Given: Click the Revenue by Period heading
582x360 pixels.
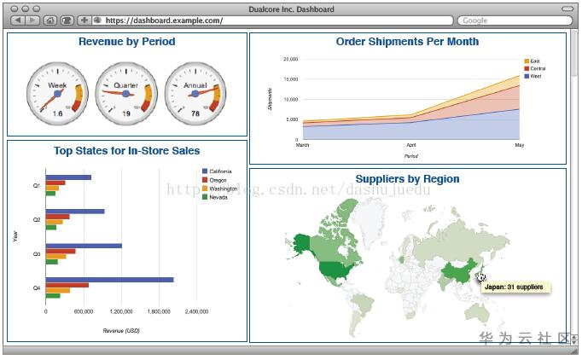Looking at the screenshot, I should click(x=126, y=42).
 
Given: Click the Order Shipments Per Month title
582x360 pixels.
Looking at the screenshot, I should click(x=407, y=42).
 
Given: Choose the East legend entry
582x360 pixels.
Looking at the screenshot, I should click(x=534, y=61).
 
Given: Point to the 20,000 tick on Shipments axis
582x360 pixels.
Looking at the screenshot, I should click(x=290, y=60).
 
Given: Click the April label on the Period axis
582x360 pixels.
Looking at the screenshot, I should click(x=411, y=146).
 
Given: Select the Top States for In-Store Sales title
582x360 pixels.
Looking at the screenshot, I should click(x=126, y=151).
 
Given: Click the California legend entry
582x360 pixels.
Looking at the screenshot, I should click(x=220, y=171).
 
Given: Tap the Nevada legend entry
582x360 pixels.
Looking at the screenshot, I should click(x=218, y=197).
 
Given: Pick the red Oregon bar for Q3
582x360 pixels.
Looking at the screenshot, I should click(x=61, y=251).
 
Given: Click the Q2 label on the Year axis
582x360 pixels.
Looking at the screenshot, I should click(x=36, y=220).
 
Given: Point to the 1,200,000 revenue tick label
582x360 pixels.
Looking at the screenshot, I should click(x=121, y=311).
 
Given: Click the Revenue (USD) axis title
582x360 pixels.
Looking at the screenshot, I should click(x=120, y=330).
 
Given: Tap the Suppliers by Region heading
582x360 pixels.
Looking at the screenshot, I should click(x=407, y=179).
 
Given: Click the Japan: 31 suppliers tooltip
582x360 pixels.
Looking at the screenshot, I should click(x=513, y=287).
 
